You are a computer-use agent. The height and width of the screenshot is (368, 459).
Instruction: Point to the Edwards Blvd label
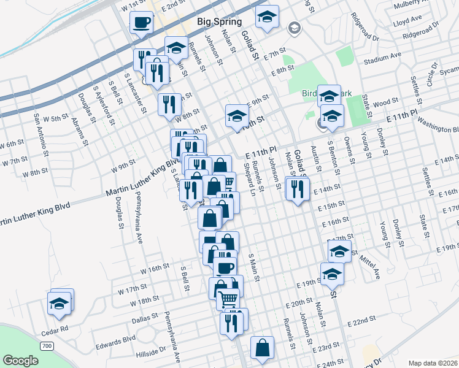[x=120, y=338]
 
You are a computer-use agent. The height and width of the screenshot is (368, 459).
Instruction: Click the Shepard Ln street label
[x=249, y=175]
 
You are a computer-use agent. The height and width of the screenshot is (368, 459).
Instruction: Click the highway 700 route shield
[x=47, y=347]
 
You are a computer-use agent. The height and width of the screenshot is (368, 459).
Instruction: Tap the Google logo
[x=20, y=360]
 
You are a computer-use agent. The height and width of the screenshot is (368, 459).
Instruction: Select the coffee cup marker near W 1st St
[x=142, y=23]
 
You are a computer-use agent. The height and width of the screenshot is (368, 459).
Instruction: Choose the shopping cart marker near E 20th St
[x=228, y=299]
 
